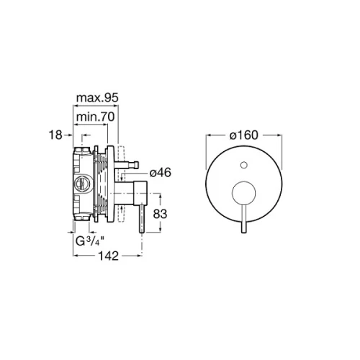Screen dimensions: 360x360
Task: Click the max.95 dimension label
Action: pyautogui.click(x=97, y=98)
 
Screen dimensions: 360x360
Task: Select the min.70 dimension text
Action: pyautogui.click(x=95, y=117)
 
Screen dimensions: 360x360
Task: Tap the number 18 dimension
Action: pyautogui.click(x=55, y=135)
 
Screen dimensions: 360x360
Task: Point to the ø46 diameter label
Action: pyautogui.click(x=161, y=173)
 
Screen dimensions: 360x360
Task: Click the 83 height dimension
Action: pyautogui.click(x=160, y=214)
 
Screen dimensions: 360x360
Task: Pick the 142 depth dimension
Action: pyautogui.click(x=109, y=256)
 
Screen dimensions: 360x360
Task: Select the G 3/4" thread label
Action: pyautogui.click(x=90, y=241)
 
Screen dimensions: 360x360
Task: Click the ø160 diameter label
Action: pyautogui.click(x=244, y=135)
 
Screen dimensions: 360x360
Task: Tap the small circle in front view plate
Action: pyautogui.click(x=244, y=165)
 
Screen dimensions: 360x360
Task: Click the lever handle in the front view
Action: pyautogui.click(x=244, y=219)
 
